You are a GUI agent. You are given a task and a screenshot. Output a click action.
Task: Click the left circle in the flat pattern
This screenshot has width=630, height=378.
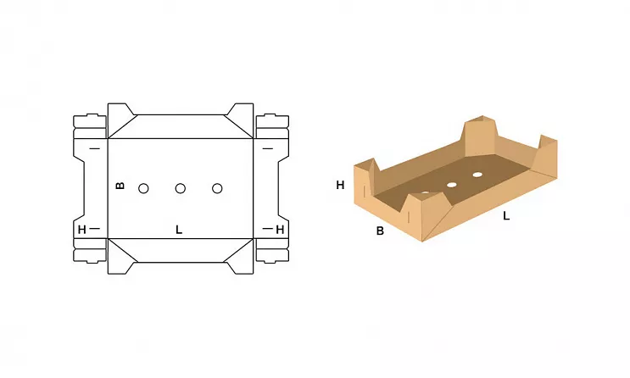[x=143, y=188]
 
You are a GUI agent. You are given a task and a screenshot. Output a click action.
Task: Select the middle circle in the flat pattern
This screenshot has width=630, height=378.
[x=181, y=188]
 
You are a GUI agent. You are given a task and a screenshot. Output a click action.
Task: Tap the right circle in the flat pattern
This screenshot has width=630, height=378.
[x=217, y=188]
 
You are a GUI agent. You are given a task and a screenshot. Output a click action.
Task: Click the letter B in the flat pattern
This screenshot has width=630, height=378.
[x=120, y=186]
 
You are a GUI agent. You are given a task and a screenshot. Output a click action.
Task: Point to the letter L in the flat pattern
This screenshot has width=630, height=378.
[x=179, y=230]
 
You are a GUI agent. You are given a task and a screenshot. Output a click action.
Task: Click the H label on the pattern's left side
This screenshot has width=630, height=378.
[x=82, y=230]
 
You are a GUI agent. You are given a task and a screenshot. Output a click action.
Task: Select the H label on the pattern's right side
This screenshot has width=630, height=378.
[x=280, y=230]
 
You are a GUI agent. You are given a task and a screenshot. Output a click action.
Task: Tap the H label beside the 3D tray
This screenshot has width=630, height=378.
[x=340, y=185]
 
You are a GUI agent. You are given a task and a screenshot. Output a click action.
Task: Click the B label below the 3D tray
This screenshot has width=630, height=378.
[x=380, y=231]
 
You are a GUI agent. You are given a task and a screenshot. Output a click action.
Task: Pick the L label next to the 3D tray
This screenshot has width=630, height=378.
[x=506, y=216]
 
